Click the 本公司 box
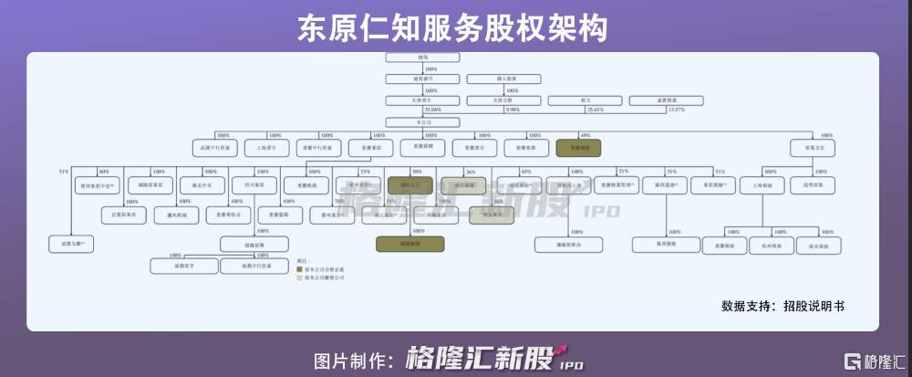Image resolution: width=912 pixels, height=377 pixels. pyautogui.click(x=416, y=121)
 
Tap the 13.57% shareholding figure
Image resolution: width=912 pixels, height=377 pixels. pyautogui.click(x=676, y=110)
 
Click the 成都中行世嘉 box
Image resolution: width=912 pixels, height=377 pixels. pyautogui.click(x=249, y=267)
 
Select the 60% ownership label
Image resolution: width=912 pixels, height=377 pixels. pyautogui.click(x=104, y=172)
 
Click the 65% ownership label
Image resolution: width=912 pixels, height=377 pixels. pyautogui.click(x=525, y=172)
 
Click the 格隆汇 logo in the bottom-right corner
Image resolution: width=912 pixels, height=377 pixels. pyautogui.click(x=873, y=359)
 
